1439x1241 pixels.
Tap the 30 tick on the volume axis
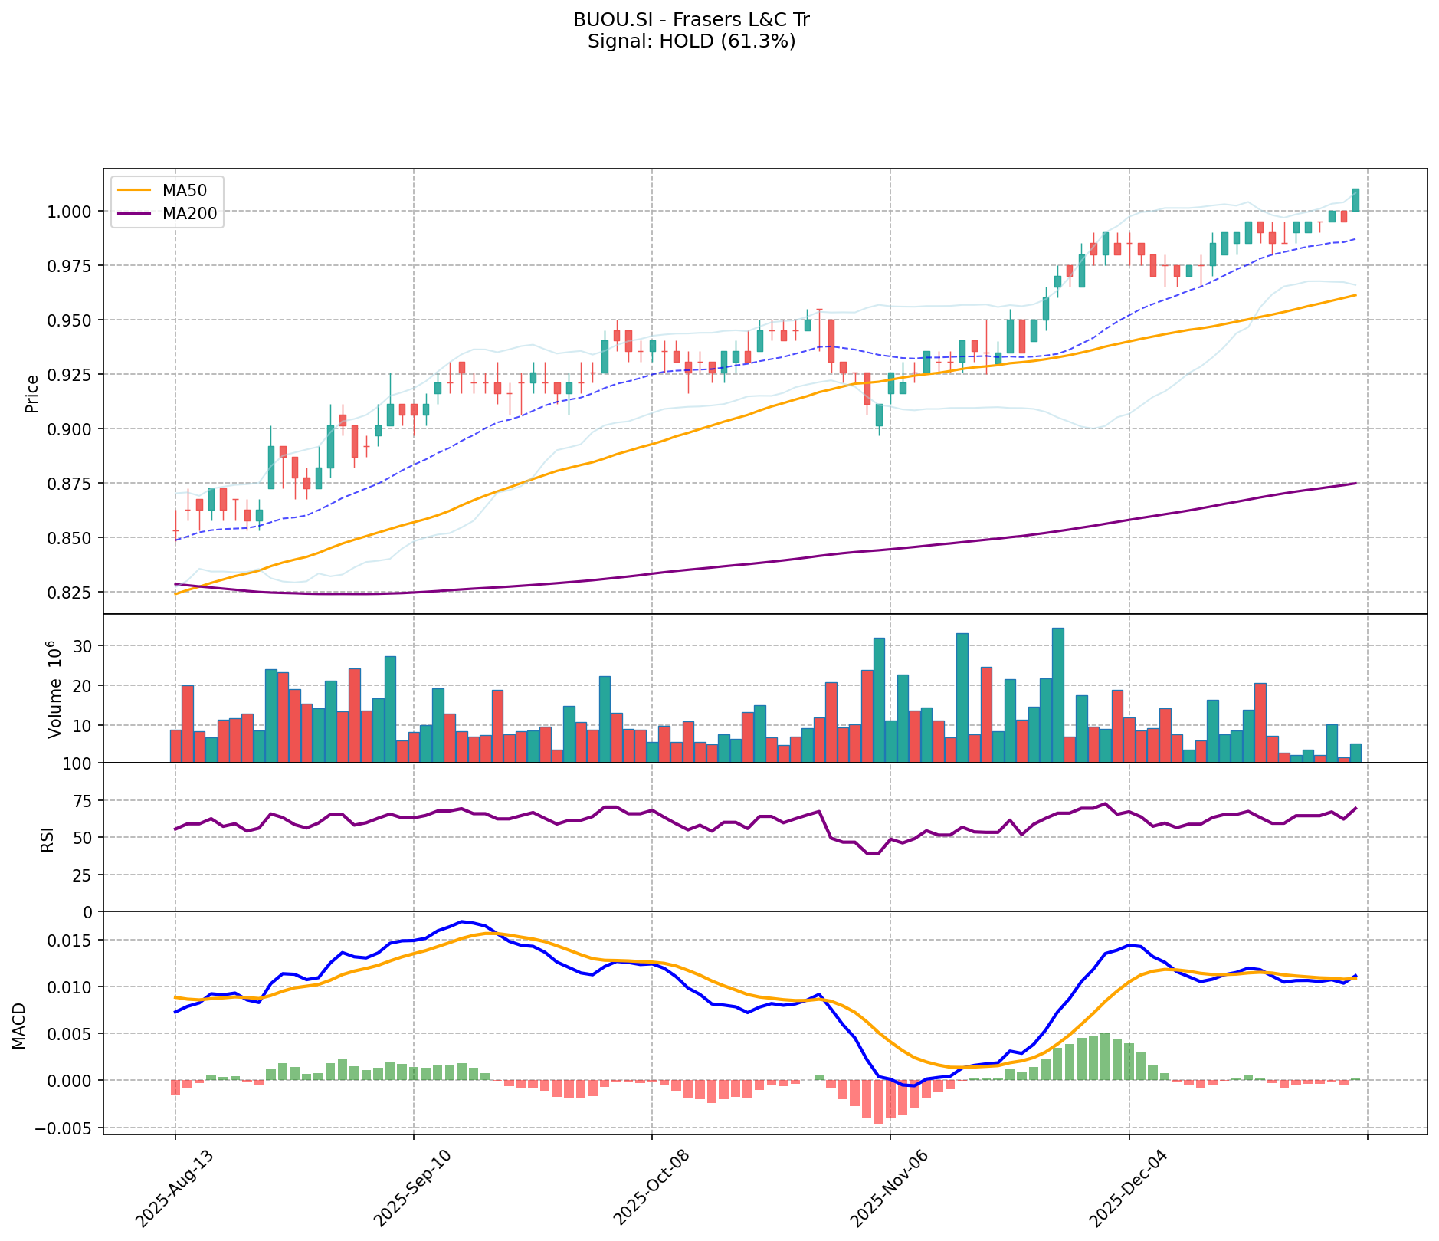coord(83,646)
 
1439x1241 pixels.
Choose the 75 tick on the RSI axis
coord(83,801)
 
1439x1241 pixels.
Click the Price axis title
coord(32,393)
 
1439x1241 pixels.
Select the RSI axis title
coord(48,839)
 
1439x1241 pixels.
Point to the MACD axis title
coord(19,1026)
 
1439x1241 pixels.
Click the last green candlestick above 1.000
coord(1355,200)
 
